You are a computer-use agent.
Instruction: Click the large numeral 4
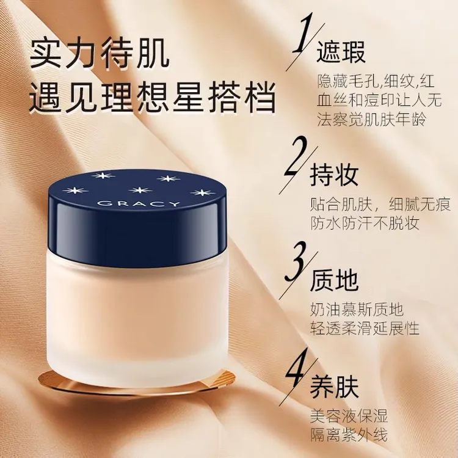pyautogui.click(x=297, y=370)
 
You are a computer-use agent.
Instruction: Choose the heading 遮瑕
pyautogui.click(x=341, y=52)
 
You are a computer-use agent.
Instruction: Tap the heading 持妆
pyautogui.click(x=334, y=175)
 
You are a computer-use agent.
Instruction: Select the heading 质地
pyautogui.click(x=334, y=280)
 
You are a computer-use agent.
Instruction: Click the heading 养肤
pyautogui.click(x=334, y=386)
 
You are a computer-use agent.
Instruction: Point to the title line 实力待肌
pyautogui.click(x=100, y=54)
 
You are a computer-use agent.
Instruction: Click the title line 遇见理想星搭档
pyautogui.click(x=152, y=98)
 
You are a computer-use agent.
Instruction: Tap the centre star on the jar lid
pyautogui.click(x=140, y=190)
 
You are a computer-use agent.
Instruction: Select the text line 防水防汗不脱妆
pyautogui.click(x=365, y=223)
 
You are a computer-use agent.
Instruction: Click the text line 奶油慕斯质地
pyautogui.click(x=357, y=310)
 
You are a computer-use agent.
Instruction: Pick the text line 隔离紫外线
pyautogui.click(x=349, y=435)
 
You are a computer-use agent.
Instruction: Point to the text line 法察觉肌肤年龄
pyautogui.click(x=371, y=120)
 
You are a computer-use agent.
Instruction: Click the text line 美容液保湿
pyautogui.click(x=349, y=416)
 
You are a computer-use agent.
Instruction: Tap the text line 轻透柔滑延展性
pyautogui.click(x=365, y=329)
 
